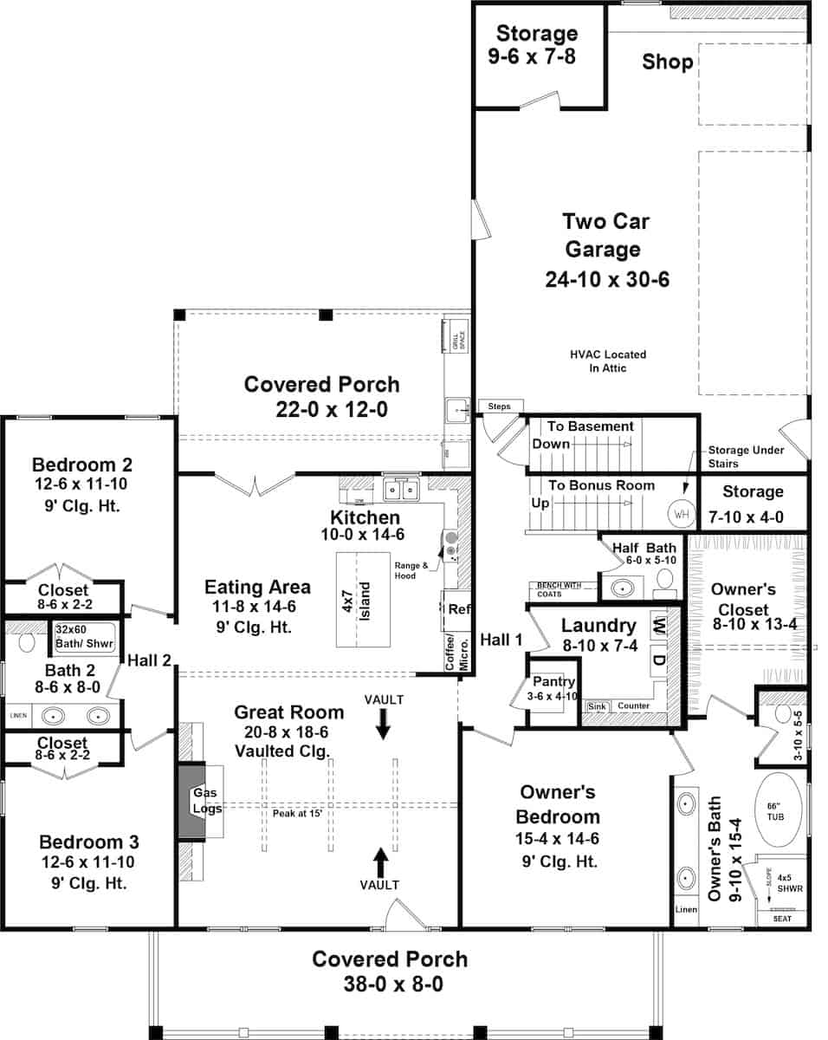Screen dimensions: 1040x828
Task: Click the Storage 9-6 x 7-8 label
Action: coord(536,46)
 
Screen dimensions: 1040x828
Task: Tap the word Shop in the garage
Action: coord(667,62)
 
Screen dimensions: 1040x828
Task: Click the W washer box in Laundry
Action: coord(659,622)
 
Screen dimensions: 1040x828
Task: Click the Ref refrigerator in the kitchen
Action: coord(458,610)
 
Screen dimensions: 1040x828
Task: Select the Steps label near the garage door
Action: coord(500,406)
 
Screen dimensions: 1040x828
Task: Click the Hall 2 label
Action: coord(149,660)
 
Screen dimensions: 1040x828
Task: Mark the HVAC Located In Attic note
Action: coord(608,361)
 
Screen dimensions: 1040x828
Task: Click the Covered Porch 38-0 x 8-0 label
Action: coord(390,972)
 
